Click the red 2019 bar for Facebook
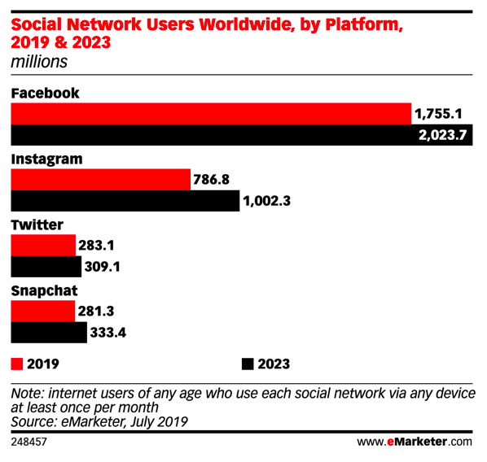point(211,114)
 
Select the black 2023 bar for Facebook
point(242,135)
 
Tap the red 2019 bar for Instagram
point(101,180)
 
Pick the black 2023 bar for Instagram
point(125,201)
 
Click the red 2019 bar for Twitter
point(43,246)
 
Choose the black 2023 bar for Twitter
point(46,267)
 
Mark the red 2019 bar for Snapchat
point(43,312)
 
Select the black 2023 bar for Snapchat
point(49,333)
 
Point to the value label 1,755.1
point(438,114)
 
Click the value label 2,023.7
point(442,135)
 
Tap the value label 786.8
point(211,180)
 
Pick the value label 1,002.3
point(267,202)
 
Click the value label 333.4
point(108,333)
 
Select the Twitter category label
point(37,225)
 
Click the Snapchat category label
point(44,291)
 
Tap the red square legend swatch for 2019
point(17,364)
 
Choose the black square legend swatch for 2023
point(248,364)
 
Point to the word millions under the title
point(39,62)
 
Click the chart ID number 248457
point(29,442)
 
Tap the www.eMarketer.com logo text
point(415,442)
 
